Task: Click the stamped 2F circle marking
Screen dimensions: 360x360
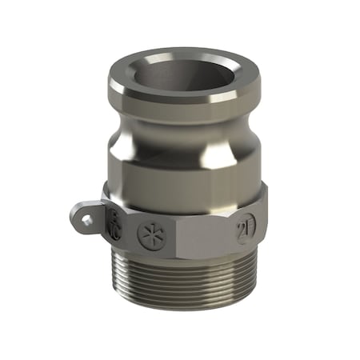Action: tap(243, 231)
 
